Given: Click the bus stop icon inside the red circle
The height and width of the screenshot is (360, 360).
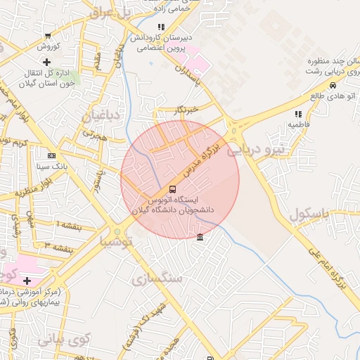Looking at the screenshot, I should (173, 189).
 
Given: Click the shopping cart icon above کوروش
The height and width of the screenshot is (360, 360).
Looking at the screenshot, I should (47, 37).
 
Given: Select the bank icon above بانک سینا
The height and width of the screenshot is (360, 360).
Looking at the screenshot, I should (51, 155).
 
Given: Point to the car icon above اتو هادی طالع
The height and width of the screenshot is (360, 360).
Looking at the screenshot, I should (333, 85).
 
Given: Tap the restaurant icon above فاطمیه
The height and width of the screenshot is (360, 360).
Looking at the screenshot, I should (298, 114).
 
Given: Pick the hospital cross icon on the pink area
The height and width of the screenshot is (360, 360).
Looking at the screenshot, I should (27, 281).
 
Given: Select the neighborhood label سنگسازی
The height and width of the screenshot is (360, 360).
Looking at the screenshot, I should (156, 278).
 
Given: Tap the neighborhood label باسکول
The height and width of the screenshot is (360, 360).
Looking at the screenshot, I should (308, 215).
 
